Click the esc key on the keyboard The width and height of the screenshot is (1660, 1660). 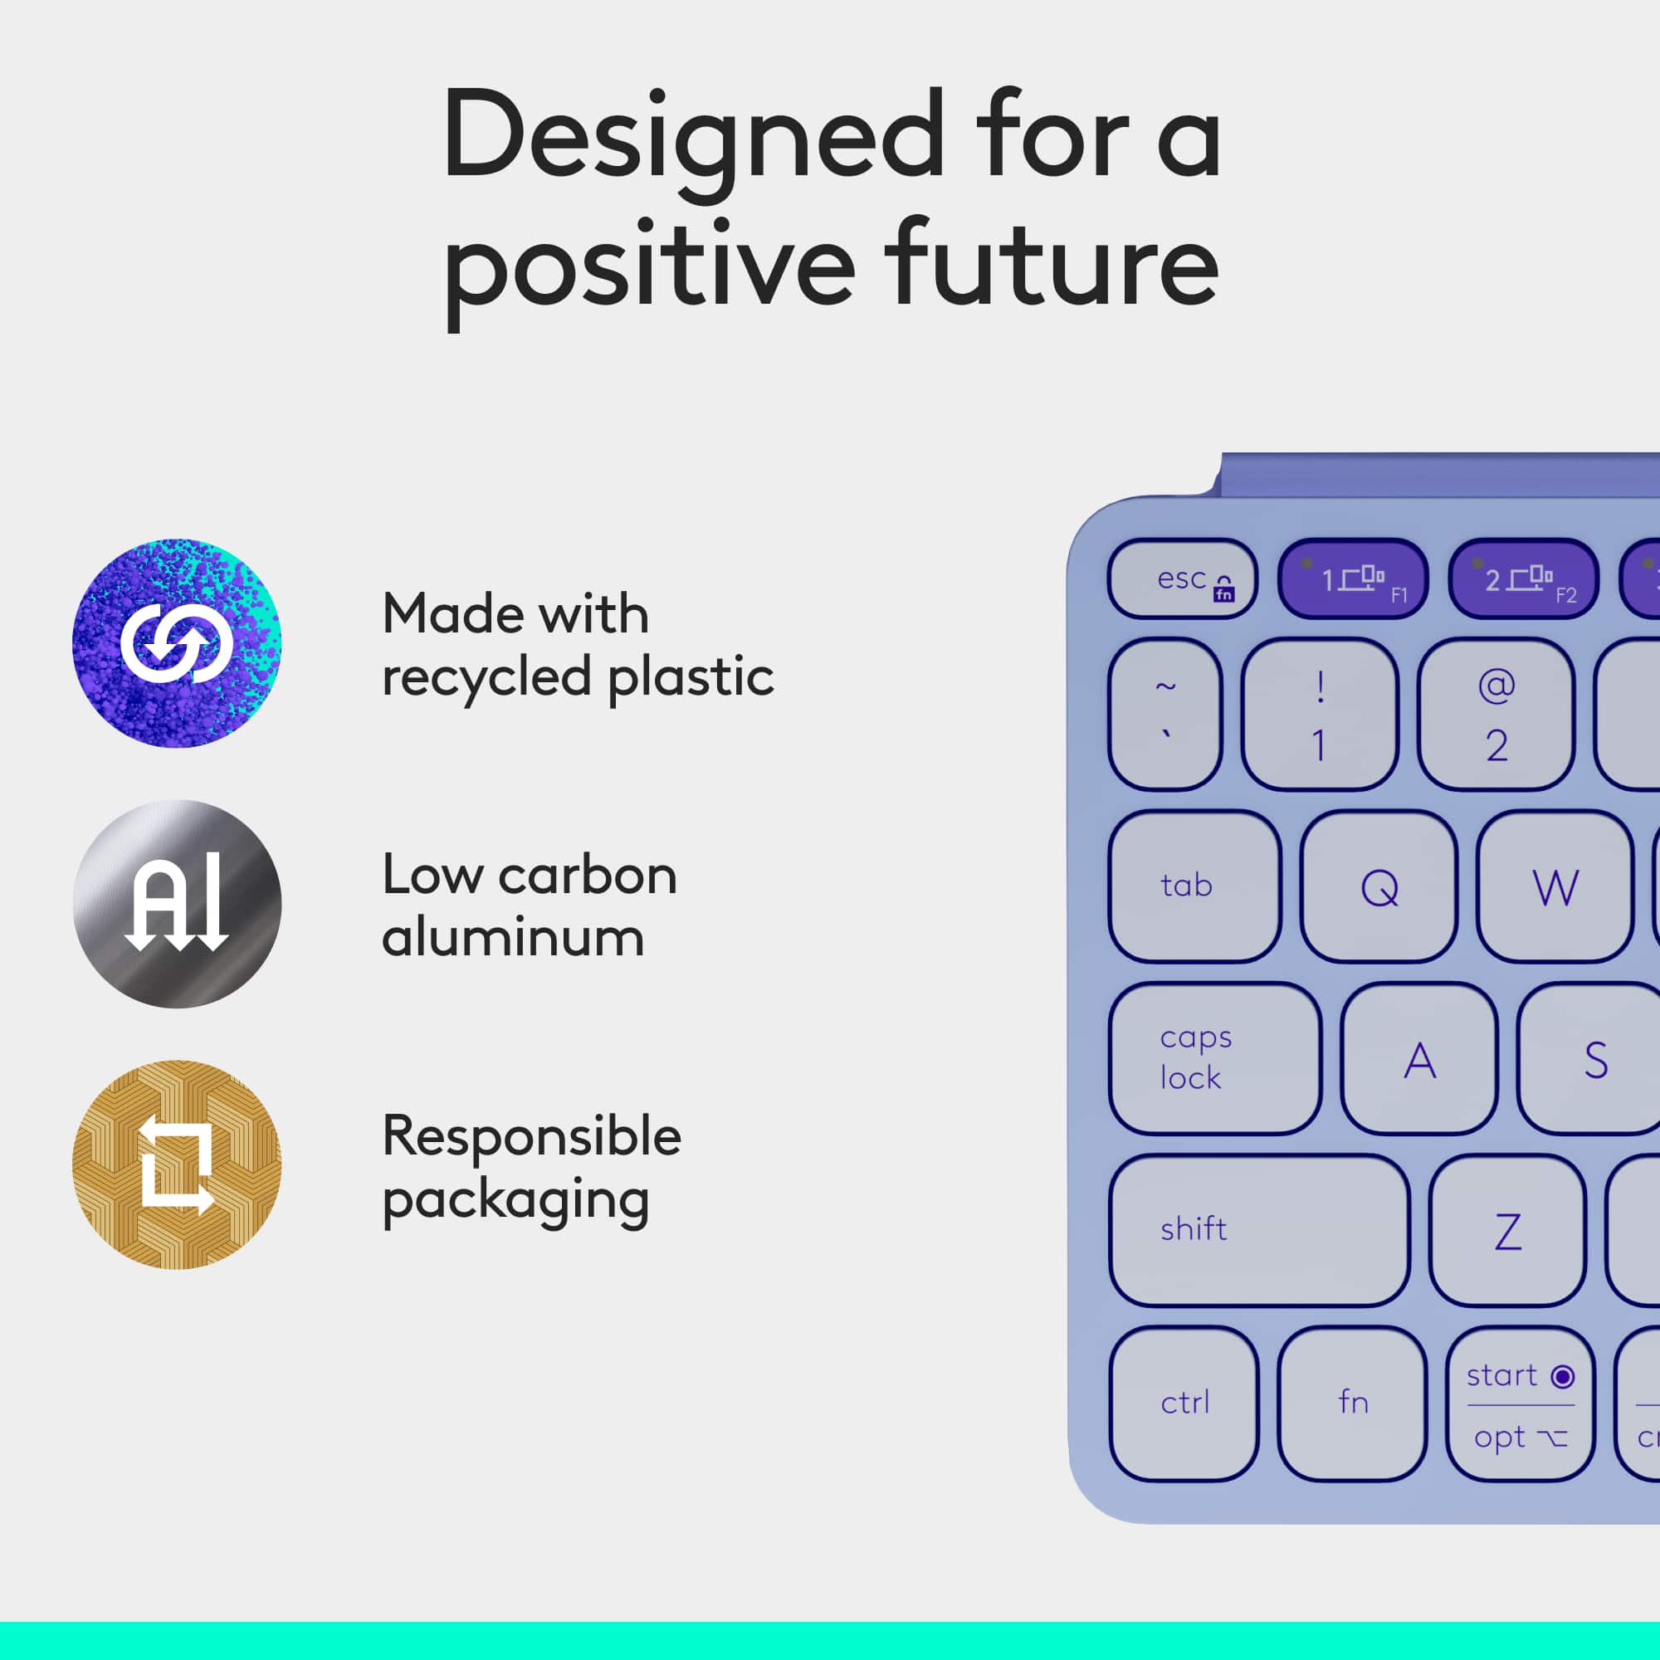(x=1182, y=579)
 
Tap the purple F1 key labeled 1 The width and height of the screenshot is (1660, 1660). (x=1352, y=579)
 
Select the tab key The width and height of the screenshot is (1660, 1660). (x=1194, y=886)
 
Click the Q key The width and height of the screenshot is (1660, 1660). (x=1378, y=886)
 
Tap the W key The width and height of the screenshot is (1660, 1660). (x=1555, y=886)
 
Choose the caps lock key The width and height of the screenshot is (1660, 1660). (x=1215, y=1057)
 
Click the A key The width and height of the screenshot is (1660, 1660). (x=1418, y=1057)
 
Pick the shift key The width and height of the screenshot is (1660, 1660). (x=1259, y=1229)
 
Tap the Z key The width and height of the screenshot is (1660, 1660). (x=1507, y=1229)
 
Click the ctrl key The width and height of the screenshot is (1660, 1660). (x=1184, y=1403)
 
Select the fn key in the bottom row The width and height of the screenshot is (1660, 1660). (x=1351, y=1403)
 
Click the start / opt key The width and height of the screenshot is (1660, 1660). (x=1520, y=1403)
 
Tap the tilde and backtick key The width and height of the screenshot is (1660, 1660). (x=1164, y=714)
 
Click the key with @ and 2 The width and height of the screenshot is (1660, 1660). (x=1495, y=714)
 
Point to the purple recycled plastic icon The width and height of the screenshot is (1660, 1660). (x=176, y=642)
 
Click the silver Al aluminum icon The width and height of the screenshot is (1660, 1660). (x=176, y=904)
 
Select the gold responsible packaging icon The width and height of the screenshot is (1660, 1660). (x=176, y=1164)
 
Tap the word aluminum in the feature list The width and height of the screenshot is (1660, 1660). (x=513, y=937)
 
